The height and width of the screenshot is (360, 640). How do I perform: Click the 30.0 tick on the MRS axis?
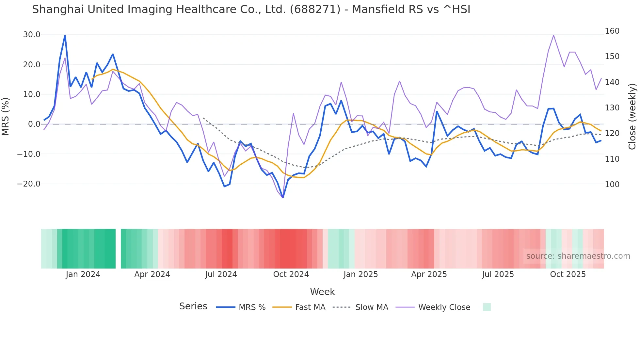click(x=32, y=35)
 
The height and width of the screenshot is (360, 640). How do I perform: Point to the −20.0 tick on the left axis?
click(x=29, y=184)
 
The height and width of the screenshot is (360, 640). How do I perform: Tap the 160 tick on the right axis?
click(x=612, y=31)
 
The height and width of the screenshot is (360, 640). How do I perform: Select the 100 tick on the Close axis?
click(x=612, y=185)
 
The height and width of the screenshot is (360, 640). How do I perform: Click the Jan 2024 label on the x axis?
click(x=83, y=274)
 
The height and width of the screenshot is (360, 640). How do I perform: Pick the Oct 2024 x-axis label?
click(x=291, y=274)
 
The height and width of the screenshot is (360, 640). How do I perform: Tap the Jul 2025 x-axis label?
click(x=498, y=274)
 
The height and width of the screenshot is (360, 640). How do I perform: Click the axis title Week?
click(x=322, y=292)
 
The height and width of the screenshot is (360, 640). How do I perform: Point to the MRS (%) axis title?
click(x=6, y=116)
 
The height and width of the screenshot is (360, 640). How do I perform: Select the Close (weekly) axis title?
click(x=632, y=117)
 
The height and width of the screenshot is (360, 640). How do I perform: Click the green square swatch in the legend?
click(x=487, y=307)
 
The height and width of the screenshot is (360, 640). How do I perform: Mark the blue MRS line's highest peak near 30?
click(x=65, y=36)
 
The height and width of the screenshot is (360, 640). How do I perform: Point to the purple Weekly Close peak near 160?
click(x=553, y=35)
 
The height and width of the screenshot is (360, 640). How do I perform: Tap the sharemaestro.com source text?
click(x=578, y=256)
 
